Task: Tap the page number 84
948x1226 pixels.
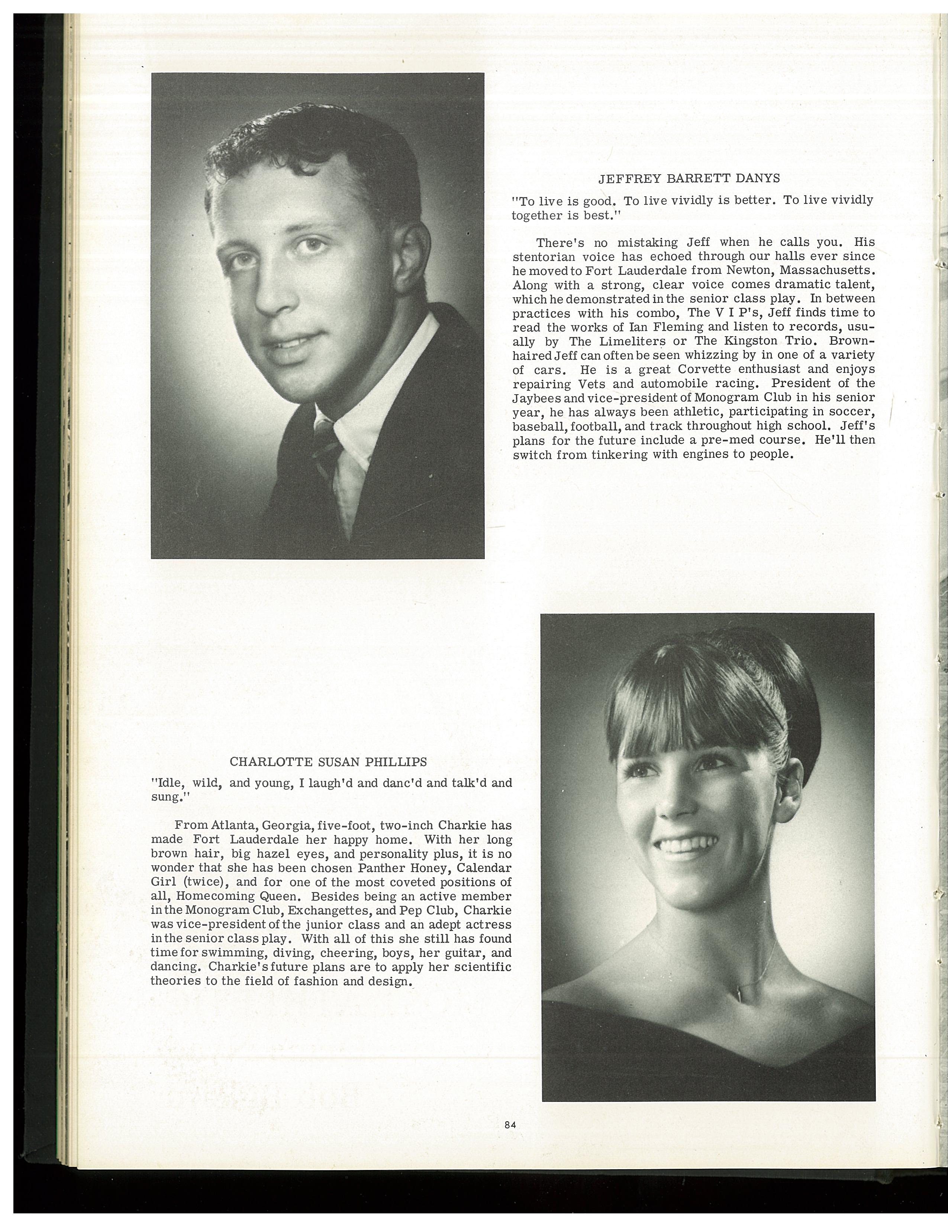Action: pyautogui.click(x=510, y=1125)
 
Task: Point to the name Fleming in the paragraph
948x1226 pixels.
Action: pyautogui.click(x=682, y=327)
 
